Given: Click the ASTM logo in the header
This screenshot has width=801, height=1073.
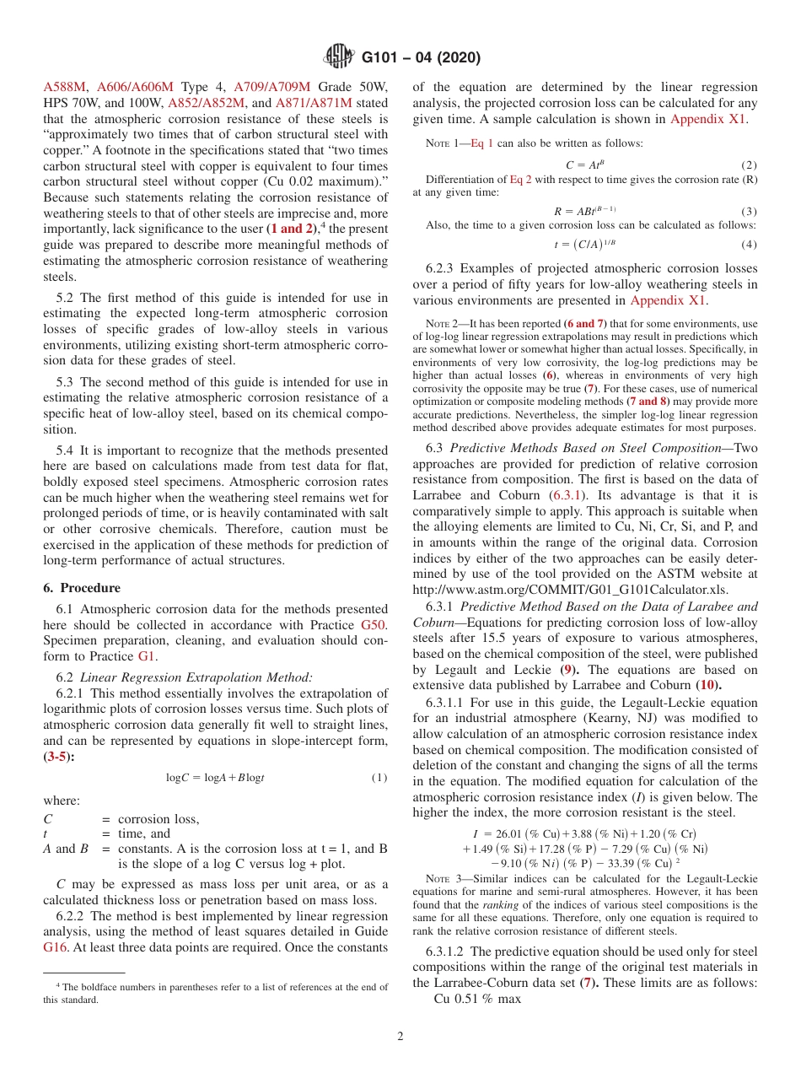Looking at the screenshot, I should point(340,57).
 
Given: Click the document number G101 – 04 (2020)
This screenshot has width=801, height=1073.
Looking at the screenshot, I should point(421,58).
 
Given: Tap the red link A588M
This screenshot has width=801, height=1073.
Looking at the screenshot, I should point(64,86).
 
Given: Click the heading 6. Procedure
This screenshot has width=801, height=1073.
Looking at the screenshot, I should point(82,587).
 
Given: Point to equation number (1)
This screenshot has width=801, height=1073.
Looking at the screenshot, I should point(379,777).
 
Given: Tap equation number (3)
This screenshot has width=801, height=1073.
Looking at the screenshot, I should point(749,210).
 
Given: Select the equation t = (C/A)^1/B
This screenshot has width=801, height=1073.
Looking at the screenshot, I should point(582,245).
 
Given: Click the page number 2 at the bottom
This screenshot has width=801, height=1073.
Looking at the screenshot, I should point(400,1036).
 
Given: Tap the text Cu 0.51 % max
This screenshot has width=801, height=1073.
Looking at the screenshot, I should point(477,999).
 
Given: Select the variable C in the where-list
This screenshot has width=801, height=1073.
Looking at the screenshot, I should point(47,818).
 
